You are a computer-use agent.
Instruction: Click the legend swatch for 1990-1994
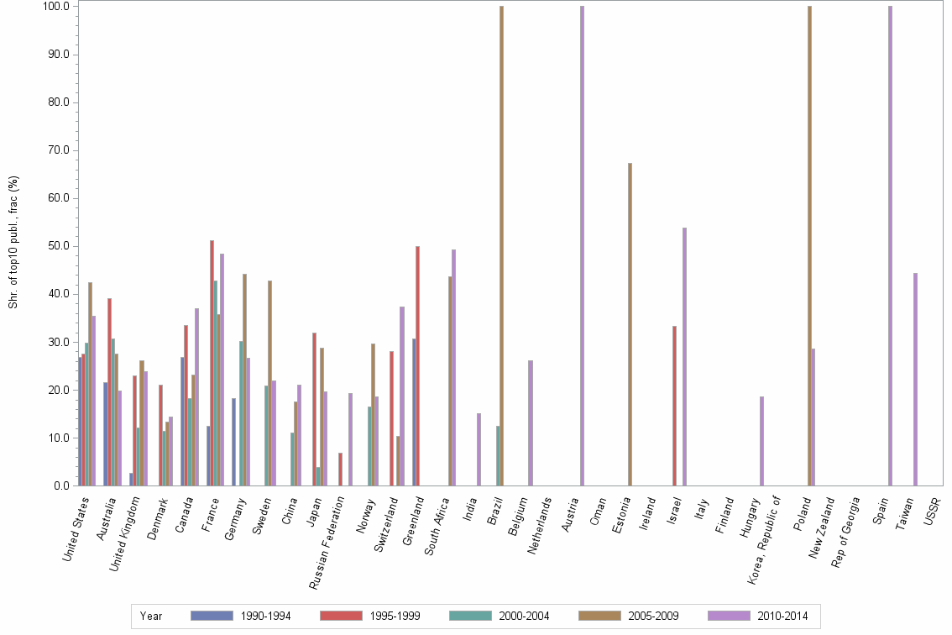point(212,616)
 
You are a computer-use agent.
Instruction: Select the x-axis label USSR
point(931,511)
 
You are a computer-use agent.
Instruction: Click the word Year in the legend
point(152,616)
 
